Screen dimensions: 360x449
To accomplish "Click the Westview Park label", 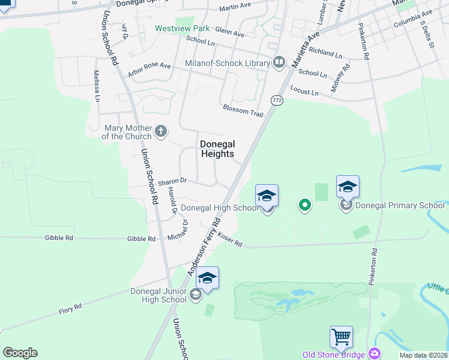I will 182,28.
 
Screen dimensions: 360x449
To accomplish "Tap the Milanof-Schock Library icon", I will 279,62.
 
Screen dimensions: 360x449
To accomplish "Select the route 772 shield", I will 276,100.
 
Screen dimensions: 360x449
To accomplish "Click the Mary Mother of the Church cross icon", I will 160,131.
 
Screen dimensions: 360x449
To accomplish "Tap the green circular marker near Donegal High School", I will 305,206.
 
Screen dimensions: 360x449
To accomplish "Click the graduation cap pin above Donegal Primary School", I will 348,187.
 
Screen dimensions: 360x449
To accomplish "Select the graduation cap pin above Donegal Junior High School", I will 207,278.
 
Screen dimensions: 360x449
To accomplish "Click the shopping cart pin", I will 341,338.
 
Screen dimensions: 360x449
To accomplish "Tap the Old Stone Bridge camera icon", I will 375,354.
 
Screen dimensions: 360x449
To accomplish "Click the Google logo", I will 20,353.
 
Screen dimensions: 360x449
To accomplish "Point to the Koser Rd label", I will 229,240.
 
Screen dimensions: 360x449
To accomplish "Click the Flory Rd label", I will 70,310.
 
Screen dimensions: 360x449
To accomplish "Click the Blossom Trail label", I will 243,109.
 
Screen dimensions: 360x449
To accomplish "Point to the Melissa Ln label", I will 96,86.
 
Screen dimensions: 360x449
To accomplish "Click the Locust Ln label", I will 304,91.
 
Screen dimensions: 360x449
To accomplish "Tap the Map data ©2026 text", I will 423,355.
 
